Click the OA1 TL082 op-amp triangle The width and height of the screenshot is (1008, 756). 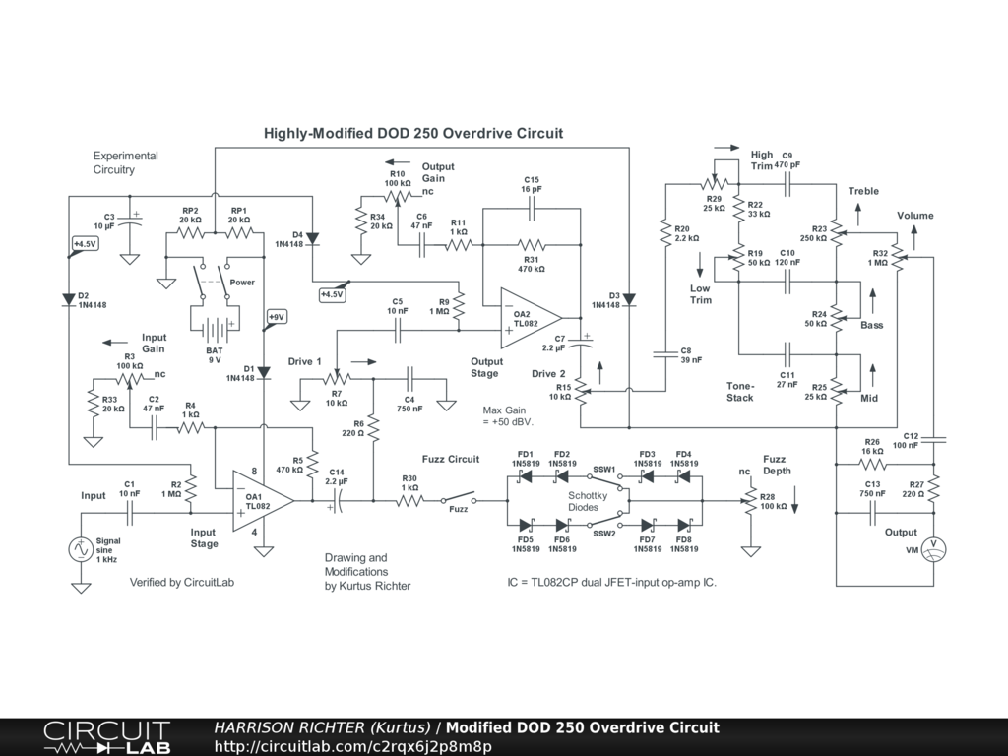pyautogui.click(x=260, y=501)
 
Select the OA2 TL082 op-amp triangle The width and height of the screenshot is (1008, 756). pyautogui.click(x=529, y=318)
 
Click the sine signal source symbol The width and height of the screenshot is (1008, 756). pyautogui.click(x=81, y=549)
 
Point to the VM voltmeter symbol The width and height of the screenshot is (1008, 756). pyautogui.click(x=933, y=549)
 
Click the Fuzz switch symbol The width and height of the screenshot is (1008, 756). pyautogui.click(x=459, y=499)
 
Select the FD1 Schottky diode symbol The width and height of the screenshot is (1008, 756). pyautogui.click(x=526, y=476)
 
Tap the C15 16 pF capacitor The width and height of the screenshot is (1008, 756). pyautogui.click(x=532, y=209)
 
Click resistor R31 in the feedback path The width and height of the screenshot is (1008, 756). pyautogui.click(x=532, y=245)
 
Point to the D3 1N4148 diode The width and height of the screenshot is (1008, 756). pyautogui.click(x=629, y=299)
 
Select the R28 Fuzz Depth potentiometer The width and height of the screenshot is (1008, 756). pyautogui.click(x=750, y=501)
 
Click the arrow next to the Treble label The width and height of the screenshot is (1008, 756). pyautogui.click(x=858, y=214)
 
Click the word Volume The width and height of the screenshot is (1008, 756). pyautogui.click(x=915, y=216)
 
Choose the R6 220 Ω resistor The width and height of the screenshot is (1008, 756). pyautogui.click(x=373, y=428)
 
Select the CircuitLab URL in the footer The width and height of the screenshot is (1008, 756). pyautogui.click(x=353, y=746)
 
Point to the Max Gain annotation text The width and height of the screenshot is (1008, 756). pyautogui.click(x=508, y=416)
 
